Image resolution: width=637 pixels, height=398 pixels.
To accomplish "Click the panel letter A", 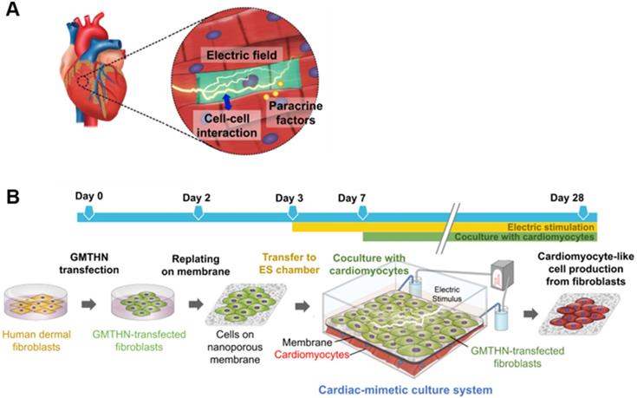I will pos(12,12).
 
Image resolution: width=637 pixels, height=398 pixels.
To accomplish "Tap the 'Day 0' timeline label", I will pos(88,197).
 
